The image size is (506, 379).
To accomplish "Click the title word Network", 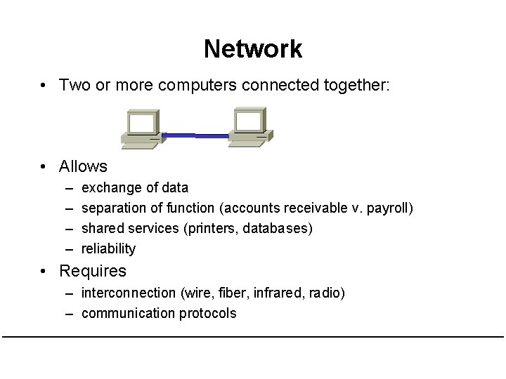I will click(253, 49).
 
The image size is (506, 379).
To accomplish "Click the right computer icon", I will click(249, 126).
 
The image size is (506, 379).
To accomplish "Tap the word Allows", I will click(83, 166).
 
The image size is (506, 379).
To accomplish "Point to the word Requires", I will click(93, 271).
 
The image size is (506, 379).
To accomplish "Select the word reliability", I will click(108, 248).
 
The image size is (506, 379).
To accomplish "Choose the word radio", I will click(328, 293).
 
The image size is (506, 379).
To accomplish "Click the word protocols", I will click(207, 313).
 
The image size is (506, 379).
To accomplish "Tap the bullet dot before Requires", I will click(44, 271).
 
